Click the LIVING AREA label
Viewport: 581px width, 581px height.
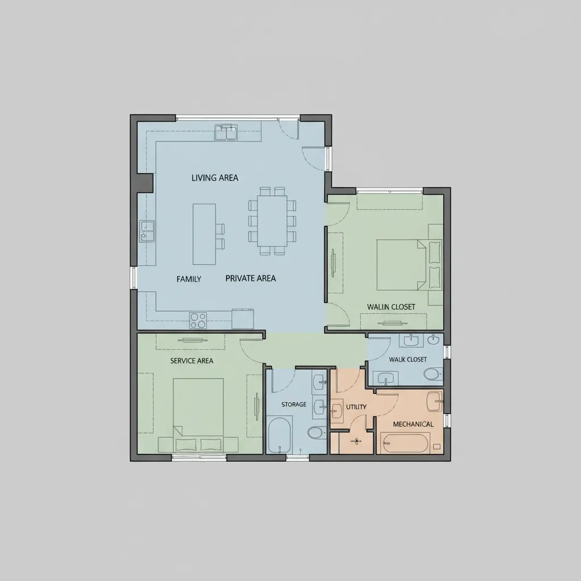215,178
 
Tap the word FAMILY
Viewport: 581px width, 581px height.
189,279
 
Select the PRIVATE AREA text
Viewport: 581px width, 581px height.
251,278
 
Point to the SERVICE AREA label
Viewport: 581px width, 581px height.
192,361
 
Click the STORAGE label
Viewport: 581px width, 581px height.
294,404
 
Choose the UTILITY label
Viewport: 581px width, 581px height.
356,407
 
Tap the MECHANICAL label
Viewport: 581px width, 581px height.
413,424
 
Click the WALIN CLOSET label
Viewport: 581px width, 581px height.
391,307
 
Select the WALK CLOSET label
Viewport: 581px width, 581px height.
408,359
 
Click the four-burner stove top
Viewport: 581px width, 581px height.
198,321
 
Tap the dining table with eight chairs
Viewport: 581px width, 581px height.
272,221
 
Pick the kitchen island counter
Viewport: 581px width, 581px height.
204,234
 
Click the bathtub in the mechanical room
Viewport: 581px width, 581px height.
405,443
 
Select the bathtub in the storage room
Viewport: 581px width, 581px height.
279,435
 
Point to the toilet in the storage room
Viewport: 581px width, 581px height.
316,432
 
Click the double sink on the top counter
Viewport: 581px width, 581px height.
226,132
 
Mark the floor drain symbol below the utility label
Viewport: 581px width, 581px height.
357,441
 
